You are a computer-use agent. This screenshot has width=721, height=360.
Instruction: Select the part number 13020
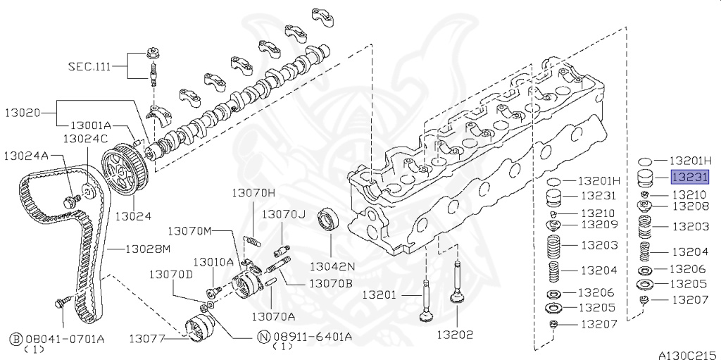26,112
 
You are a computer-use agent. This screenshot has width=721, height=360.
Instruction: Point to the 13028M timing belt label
148,249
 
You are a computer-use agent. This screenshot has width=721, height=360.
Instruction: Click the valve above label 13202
460,289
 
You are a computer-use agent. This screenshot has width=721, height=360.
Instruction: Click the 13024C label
85,138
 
